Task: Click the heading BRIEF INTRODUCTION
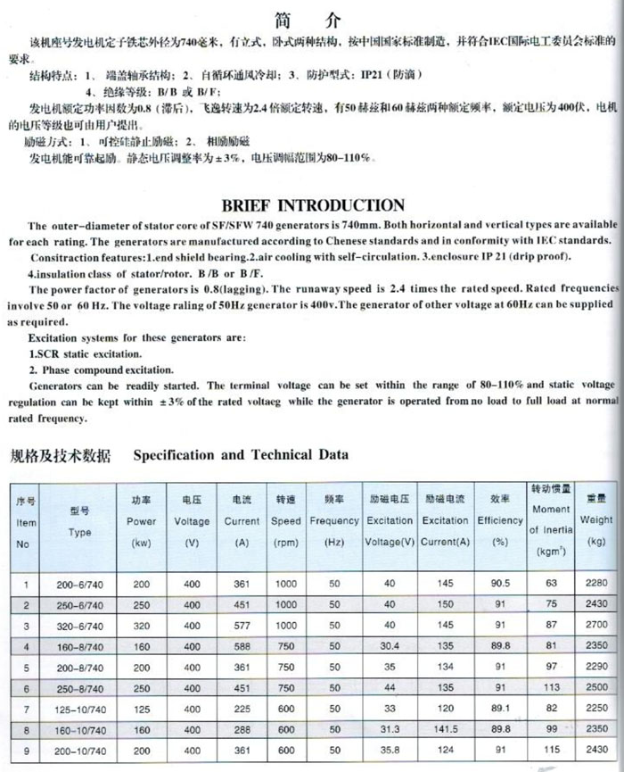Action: pos(311,205)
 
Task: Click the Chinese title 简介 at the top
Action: pos(311,21)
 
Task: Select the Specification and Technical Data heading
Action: pos(241,454)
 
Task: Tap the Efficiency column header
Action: pos(500,520)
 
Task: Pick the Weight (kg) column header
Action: pos(596,519)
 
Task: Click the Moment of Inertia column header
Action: pos(551,519)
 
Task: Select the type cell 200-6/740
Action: pos(80,585)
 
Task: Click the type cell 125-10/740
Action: pos(80,708)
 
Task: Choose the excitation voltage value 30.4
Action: pos(389,646)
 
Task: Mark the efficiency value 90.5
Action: pos(500,585)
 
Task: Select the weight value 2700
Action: pos(596,626)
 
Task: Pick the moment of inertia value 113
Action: pos(551,687)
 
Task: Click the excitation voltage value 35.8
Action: pos(389,750)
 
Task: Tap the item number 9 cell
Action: pos(27,750)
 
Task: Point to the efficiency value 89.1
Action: pos(500,708)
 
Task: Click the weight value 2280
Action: pos(596,585)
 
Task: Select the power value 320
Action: pos(141,626)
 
